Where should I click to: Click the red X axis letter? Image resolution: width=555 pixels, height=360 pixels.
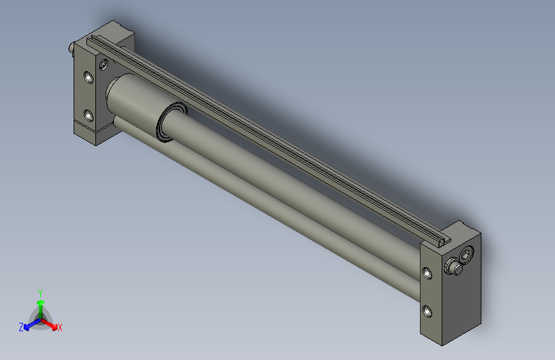60,327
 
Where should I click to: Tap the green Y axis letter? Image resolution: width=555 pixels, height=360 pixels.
40,292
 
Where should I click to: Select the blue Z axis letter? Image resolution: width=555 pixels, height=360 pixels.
21,327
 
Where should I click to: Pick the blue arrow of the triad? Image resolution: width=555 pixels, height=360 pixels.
30,324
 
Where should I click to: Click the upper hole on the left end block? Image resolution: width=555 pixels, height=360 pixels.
88,78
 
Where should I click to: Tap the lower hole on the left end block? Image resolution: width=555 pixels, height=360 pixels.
88,116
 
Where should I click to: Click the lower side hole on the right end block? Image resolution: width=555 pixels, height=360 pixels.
427,312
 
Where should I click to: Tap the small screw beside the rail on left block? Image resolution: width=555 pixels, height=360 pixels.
102,63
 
